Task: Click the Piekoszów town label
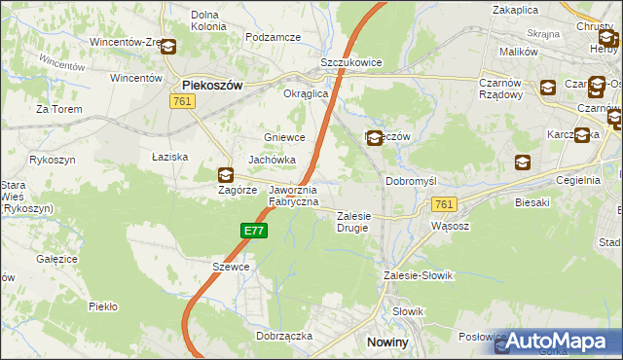[x=211, y=86]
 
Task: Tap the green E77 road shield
[x=253, y=231]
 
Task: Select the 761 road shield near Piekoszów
[x=180, y=101]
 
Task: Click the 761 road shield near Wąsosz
[x=444, y=204]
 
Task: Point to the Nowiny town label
[x=386, y=342]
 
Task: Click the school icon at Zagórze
[x=226, y=175]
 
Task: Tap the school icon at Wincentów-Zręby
[x=167, y=46]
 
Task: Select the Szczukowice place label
[x=350, y=62]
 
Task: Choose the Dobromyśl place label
[x=415, y=181]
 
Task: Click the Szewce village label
[x=231, y=267]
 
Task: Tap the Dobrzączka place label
[x=283, y=335]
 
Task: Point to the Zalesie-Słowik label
[x=419, y=275]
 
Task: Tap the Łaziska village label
[x=168, y=157]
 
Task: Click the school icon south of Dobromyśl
[x=524, y=162]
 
